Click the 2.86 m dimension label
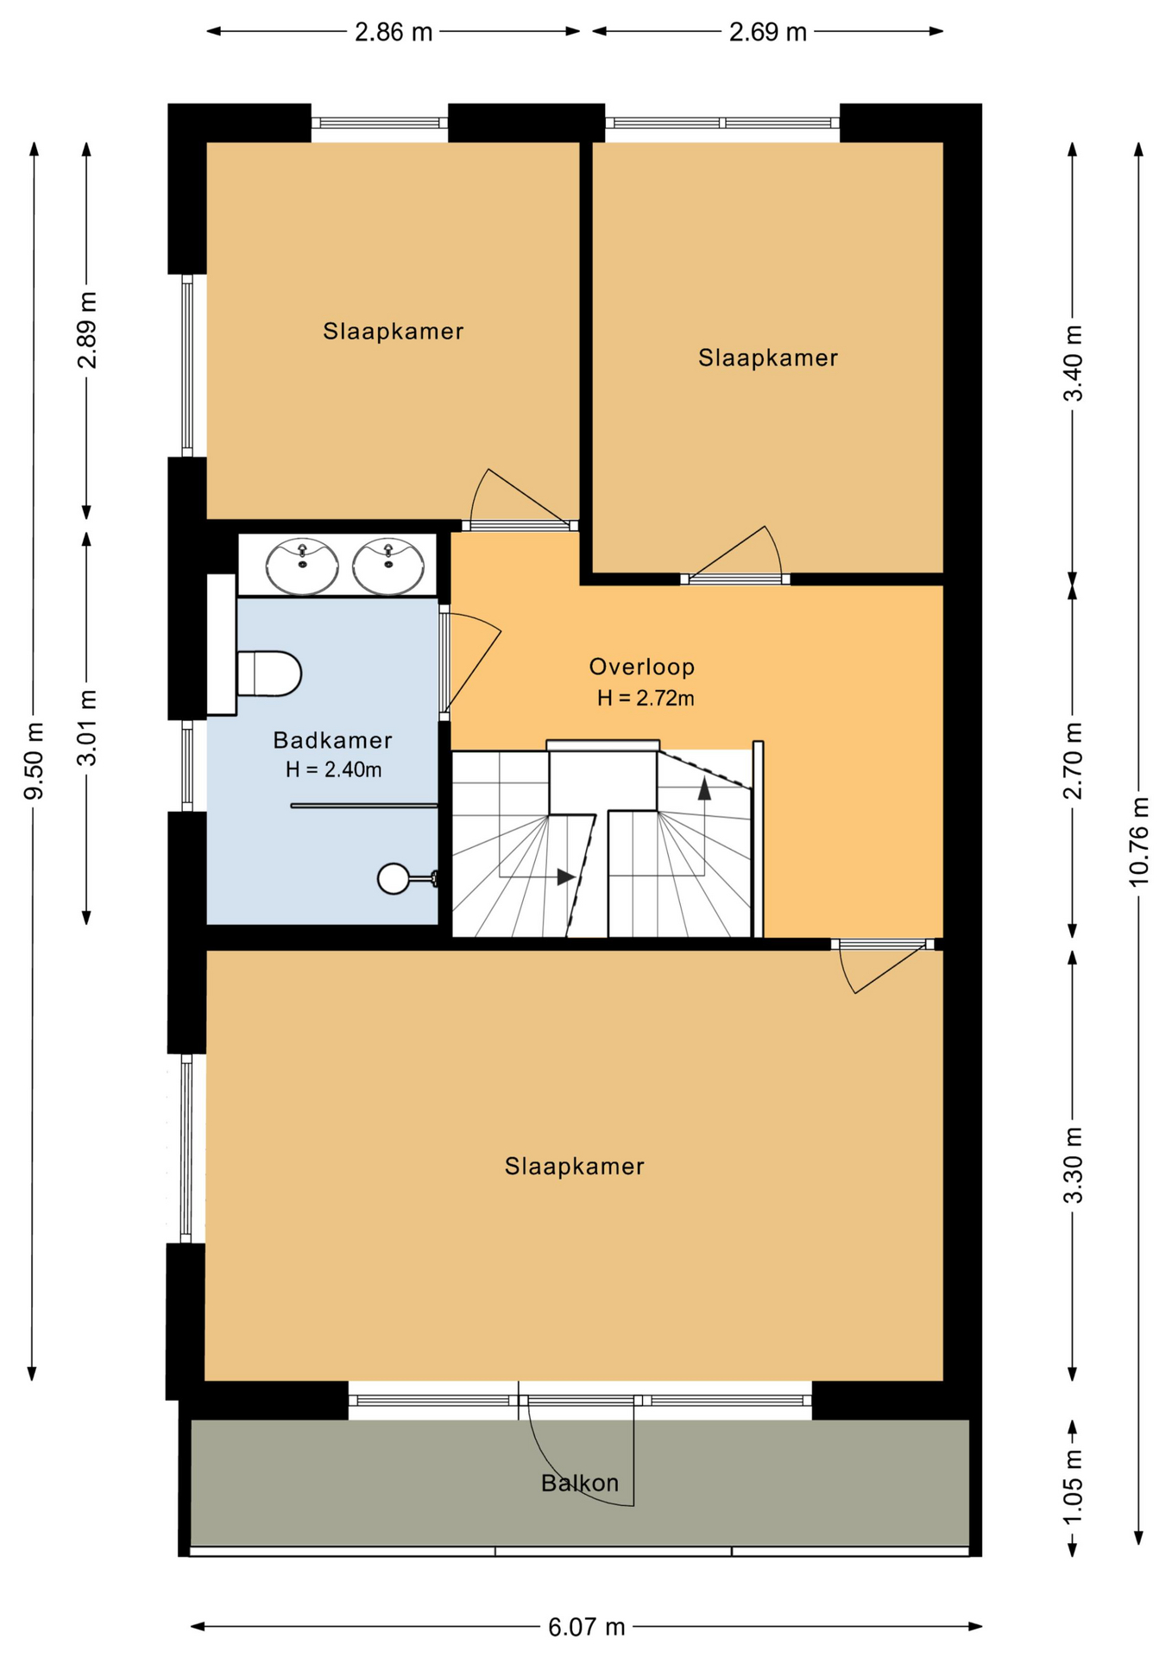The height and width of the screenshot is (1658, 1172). pos(394,32)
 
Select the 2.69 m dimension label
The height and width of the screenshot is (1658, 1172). pos(768,32)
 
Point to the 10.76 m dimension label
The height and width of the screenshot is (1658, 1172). pos(1138,840)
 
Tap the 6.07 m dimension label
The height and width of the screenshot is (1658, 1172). pos(587,1627)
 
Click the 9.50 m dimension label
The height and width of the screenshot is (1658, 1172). pos(34,761)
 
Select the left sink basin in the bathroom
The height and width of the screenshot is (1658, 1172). pos(302,566)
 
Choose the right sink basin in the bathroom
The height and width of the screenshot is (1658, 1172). pos(388,566)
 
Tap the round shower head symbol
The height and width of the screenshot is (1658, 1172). pos(394,878)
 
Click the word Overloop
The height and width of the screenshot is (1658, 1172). pos(642,667)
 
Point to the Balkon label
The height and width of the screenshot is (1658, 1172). pos(580,1483)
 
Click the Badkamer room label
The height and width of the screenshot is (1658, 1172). pos(333,740)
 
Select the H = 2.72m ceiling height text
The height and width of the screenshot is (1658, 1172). pos(646,698)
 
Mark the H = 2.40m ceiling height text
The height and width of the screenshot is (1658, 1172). pos(334,769)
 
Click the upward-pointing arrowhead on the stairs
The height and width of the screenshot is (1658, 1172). pos(704,787)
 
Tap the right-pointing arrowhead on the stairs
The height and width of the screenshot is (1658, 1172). pos(566,877)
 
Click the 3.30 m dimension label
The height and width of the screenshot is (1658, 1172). pos(1072,1165)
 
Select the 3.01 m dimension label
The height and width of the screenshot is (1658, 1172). pos(87,728)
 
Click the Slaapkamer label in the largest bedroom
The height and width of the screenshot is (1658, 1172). pos(575,1167)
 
